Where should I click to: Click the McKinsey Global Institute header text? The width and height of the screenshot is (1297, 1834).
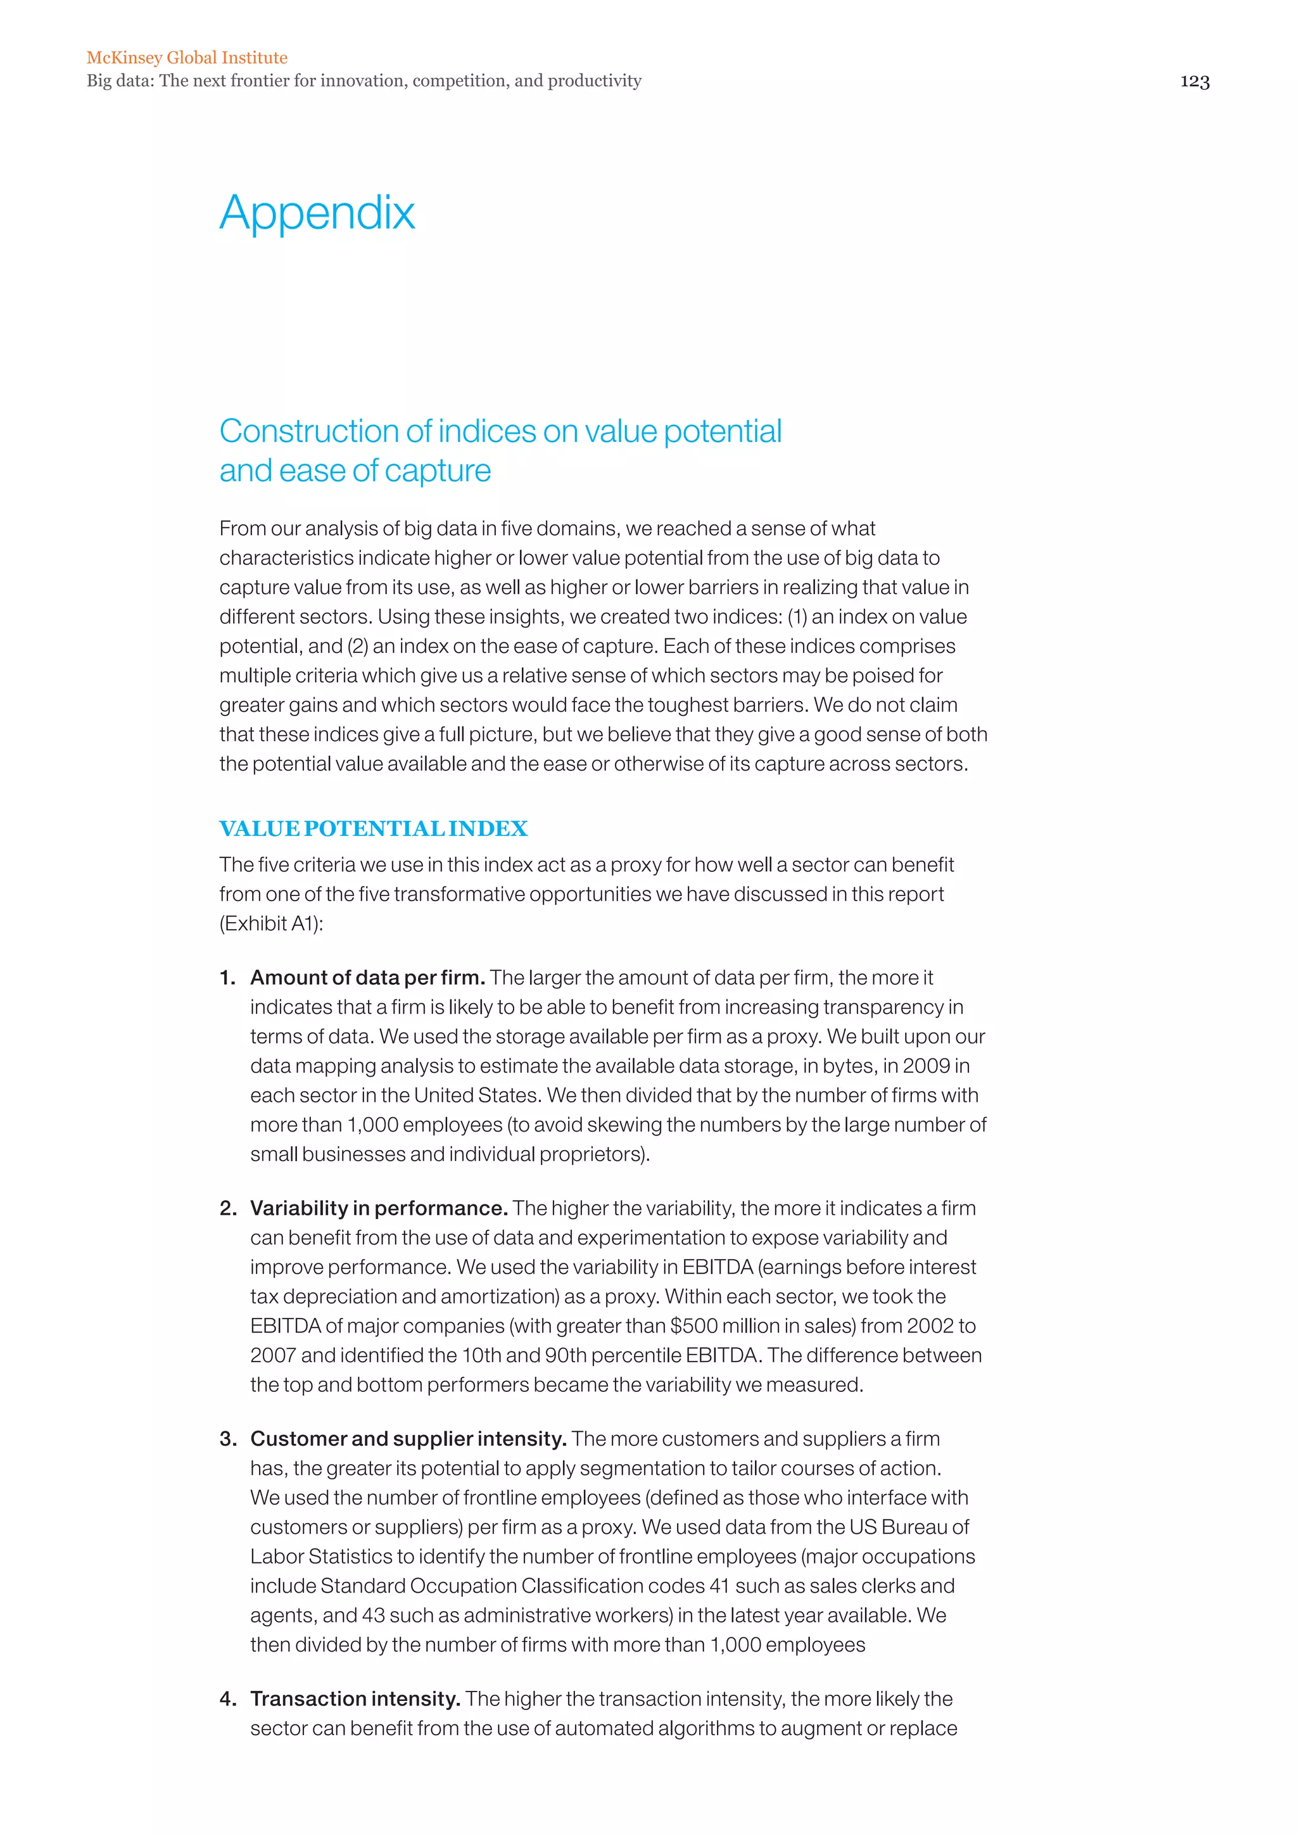[187, 58]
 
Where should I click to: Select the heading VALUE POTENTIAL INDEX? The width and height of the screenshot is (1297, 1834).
[373, 828]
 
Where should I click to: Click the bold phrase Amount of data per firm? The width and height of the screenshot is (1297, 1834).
[367, 978]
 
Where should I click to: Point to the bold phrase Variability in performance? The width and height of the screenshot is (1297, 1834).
[379, 1208]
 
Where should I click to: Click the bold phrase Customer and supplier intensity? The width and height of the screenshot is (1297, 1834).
[408, 1439]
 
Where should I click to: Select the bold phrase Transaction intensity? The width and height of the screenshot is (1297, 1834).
[355, 1698]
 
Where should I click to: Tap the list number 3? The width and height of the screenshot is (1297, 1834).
[227, 1439]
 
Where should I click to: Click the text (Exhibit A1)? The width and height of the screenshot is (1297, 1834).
[271, 923]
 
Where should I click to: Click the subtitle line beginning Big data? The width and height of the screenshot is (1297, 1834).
[364, 80]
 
